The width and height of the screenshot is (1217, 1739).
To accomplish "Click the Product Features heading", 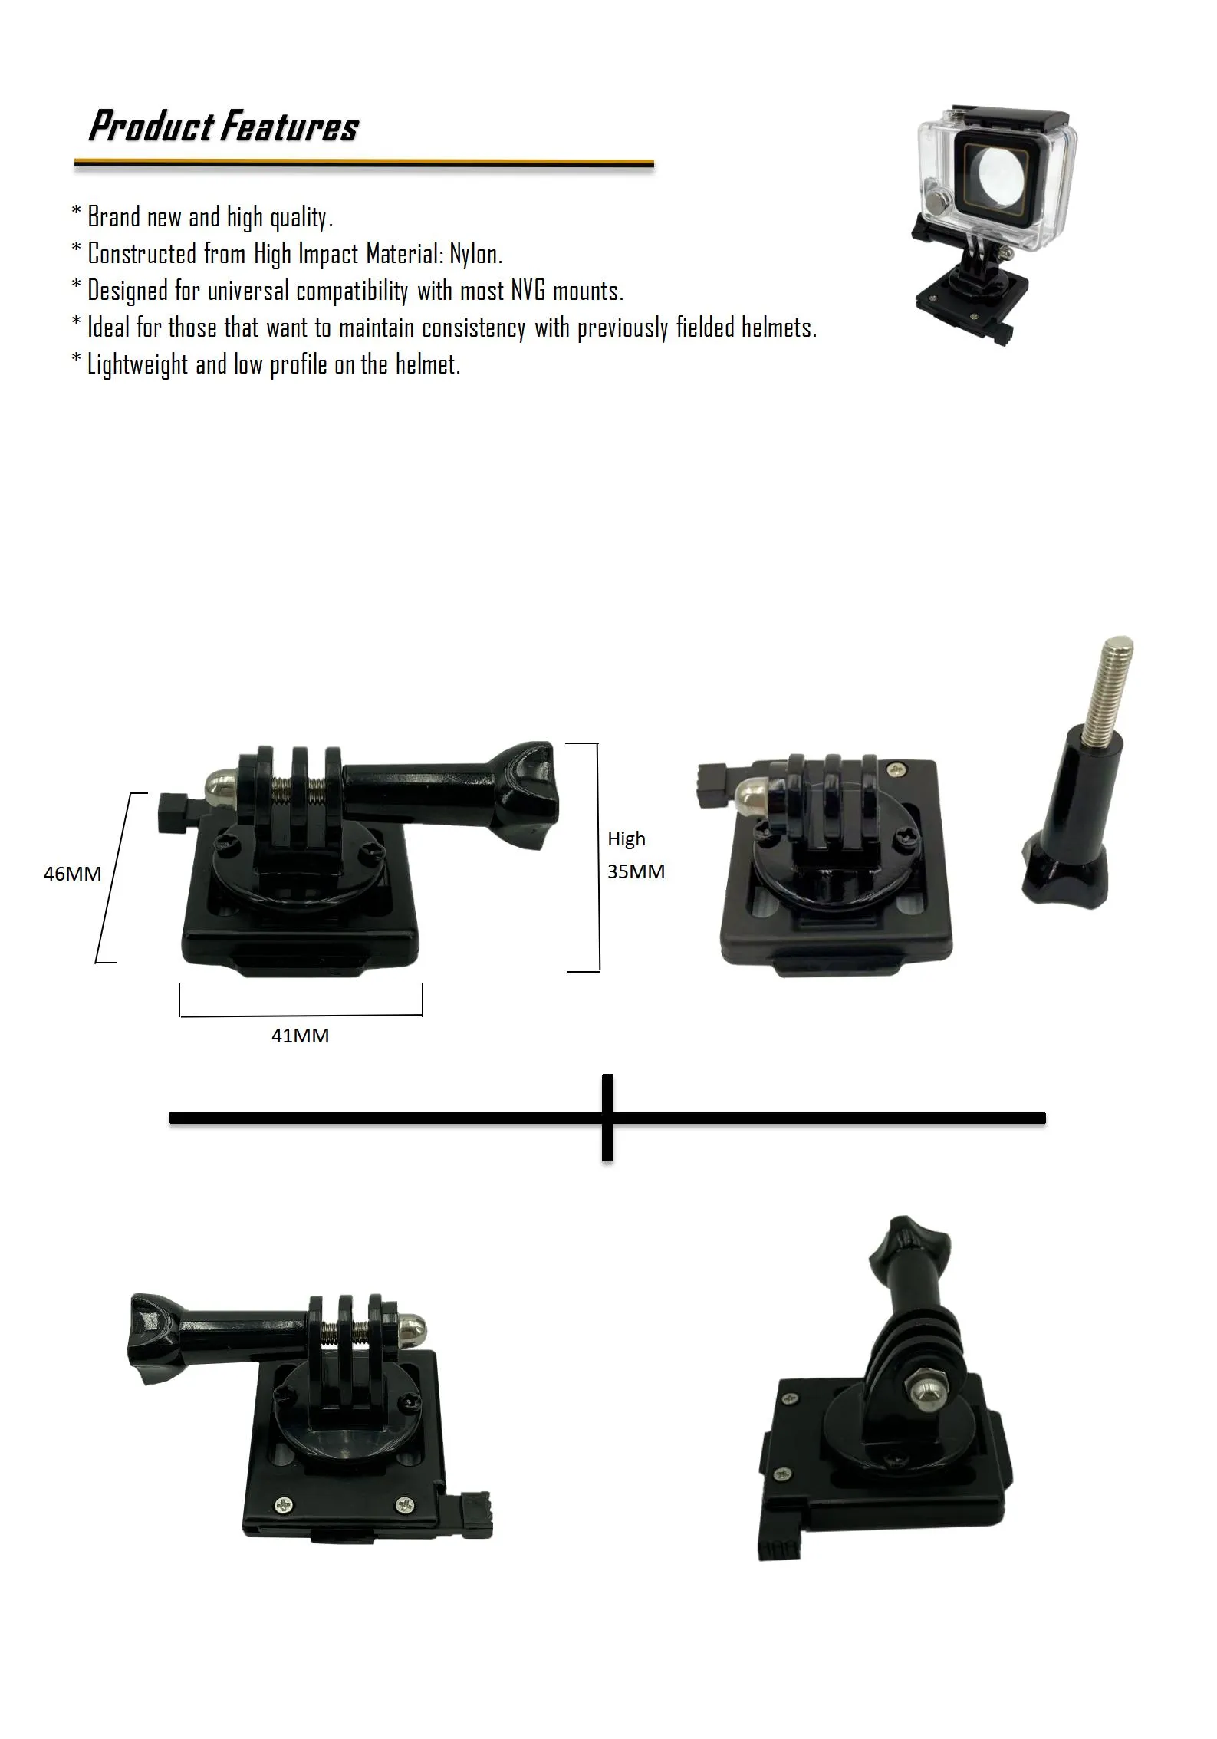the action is point(223,126).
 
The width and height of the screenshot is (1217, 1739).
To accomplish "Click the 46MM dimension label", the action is point(72,873).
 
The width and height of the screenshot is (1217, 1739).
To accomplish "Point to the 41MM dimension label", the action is point(300,1036).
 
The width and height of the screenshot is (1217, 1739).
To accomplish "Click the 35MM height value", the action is point(636,871).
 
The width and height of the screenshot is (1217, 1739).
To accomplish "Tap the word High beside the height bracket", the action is point(627,838).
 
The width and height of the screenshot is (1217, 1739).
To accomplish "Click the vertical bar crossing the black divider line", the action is point(607,1117).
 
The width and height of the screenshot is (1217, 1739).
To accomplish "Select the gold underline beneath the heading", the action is point(363,163).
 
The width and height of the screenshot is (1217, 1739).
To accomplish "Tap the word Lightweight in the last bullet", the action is point(137,364).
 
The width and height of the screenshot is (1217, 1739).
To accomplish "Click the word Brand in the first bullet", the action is point(113,216).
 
